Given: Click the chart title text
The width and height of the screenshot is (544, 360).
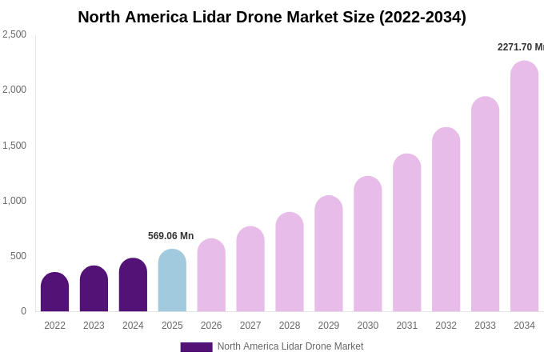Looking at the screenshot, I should click(272, 17).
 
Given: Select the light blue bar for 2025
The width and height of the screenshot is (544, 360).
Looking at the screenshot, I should click(172, 281).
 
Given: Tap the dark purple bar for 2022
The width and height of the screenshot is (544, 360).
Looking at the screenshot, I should click(54, 293).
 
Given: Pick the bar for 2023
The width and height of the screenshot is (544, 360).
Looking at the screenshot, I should click(94, 290).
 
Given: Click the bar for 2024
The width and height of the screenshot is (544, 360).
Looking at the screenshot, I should click(133, 286).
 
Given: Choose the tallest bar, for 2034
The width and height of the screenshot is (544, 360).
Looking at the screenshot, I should click(524, 187).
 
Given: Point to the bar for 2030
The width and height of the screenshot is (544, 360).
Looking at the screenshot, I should click(368, 245).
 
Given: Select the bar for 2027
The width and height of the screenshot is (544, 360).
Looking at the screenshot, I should click(250, 270).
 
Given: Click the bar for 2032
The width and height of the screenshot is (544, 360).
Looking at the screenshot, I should click(446, 220).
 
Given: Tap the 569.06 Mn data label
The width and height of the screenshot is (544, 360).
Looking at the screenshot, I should click(170, 236).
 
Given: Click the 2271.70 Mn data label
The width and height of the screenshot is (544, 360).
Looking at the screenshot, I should click(520, 47).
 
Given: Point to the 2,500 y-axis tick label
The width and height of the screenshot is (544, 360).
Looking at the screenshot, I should click(14, 34).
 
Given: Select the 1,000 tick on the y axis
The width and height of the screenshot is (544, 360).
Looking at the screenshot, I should click(14, 201).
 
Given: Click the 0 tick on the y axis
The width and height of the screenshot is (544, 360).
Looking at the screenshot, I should click(23, 311).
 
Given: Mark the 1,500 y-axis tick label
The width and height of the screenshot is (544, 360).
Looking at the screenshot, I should click(14, 146).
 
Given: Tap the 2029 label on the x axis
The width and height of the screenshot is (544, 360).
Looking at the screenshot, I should click(329, 326).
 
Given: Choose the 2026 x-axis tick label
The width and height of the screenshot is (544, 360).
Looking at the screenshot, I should click(211, 326).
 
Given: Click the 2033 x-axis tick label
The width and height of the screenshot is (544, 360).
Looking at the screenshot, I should click(485, 326).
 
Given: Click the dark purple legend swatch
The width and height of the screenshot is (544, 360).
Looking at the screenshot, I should click(196, 347).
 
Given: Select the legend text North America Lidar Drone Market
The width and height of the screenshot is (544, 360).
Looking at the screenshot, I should click(290, 346).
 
